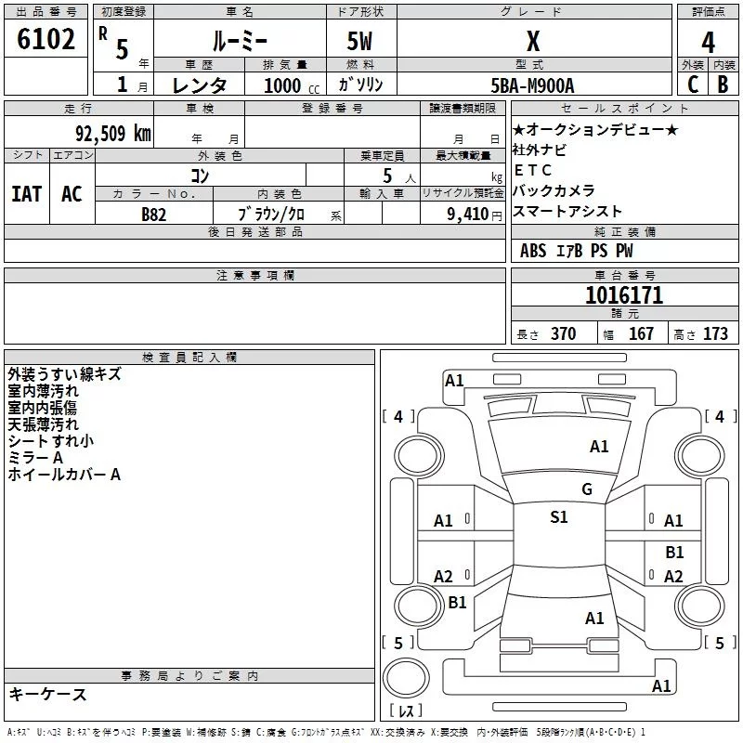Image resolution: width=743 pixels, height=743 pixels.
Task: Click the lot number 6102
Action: tap(46, 40)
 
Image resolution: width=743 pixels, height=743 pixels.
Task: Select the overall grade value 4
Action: tap(708, 43)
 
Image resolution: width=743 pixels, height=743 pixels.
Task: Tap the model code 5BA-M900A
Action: tap(532, 85)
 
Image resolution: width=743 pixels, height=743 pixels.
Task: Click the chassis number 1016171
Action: tap(624, 295)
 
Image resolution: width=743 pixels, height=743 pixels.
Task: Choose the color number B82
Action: tap(154, 214)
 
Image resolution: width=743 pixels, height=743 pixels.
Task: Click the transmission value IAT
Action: tap(26, 194)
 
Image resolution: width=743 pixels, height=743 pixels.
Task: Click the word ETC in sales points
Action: tap(533, 170)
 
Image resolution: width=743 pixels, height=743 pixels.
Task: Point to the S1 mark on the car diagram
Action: tap(559, 517)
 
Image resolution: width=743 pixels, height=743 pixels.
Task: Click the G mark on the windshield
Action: tap(587, 489)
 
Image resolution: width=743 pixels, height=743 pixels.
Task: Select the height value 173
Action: tap(715, 334)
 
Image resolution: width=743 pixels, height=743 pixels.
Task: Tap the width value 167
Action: tap(642, 334)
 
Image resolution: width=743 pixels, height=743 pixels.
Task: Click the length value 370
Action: tap(563, 334)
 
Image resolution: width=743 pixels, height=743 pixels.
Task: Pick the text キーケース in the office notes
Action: tap(47, 695)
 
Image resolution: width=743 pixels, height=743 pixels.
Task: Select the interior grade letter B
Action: tap(723, 85)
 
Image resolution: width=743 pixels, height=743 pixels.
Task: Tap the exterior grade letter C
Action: tap(693, 85)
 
